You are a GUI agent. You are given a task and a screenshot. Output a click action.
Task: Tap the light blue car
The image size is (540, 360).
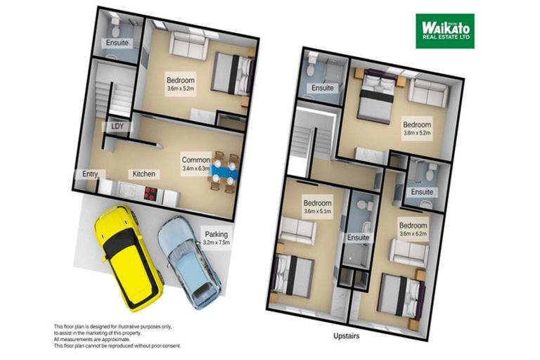189,261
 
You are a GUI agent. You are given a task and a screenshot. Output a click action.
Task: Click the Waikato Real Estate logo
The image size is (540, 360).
444,31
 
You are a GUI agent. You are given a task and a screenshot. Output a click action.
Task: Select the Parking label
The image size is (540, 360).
217,234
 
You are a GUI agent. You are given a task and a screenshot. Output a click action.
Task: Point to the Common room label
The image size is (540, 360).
195,160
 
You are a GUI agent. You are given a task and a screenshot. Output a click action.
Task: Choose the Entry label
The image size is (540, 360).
89,174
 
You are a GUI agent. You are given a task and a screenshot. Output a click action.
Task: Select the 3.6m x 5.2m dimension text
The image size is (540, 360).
181,90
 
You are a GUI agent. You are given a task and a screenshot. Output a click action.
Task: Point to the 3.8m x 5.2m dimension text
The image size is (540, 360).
416,132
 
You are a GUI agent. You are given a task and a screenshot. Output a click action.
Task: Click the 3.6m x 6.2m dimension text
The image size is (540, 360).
413,234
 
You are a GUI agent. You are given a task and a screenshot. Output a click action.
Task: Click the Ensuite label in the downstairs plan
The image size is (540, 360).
117,43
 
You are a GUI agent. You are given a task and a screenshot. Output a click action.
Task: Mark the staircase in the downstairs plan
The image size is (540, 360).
109,91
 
